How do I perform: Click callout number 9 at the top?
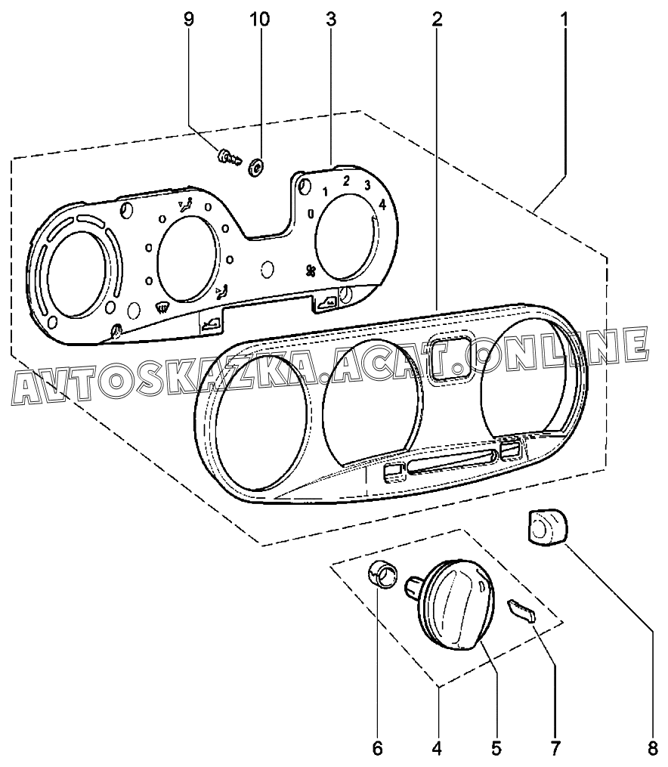click(188, 20)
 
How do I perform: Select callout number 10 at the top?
click(260, 20)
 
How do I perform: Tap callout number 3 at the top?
click(331, 20)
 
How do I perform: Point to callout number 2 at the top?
click(437, 20)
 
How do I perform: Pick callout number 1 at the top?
click(564, 20)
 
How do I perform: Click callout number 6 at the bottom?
click(377, 748)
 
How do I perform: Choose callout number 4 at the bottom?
click(437, 748)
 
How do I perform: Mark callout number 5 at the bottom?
click(496, 748)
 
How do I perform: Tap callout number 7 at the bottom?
click(555, 748)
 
